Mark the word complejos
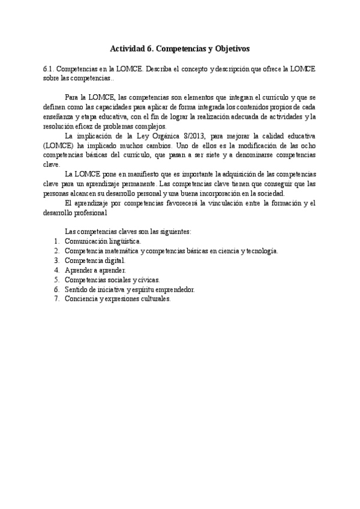[148, 126]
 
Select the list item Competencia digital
[95, 261]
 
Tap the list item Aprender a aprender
[95, 270]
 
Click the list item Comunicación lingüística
[103, 241]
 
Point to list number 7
[56, 298]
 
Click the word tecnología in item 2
[259, 251]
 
